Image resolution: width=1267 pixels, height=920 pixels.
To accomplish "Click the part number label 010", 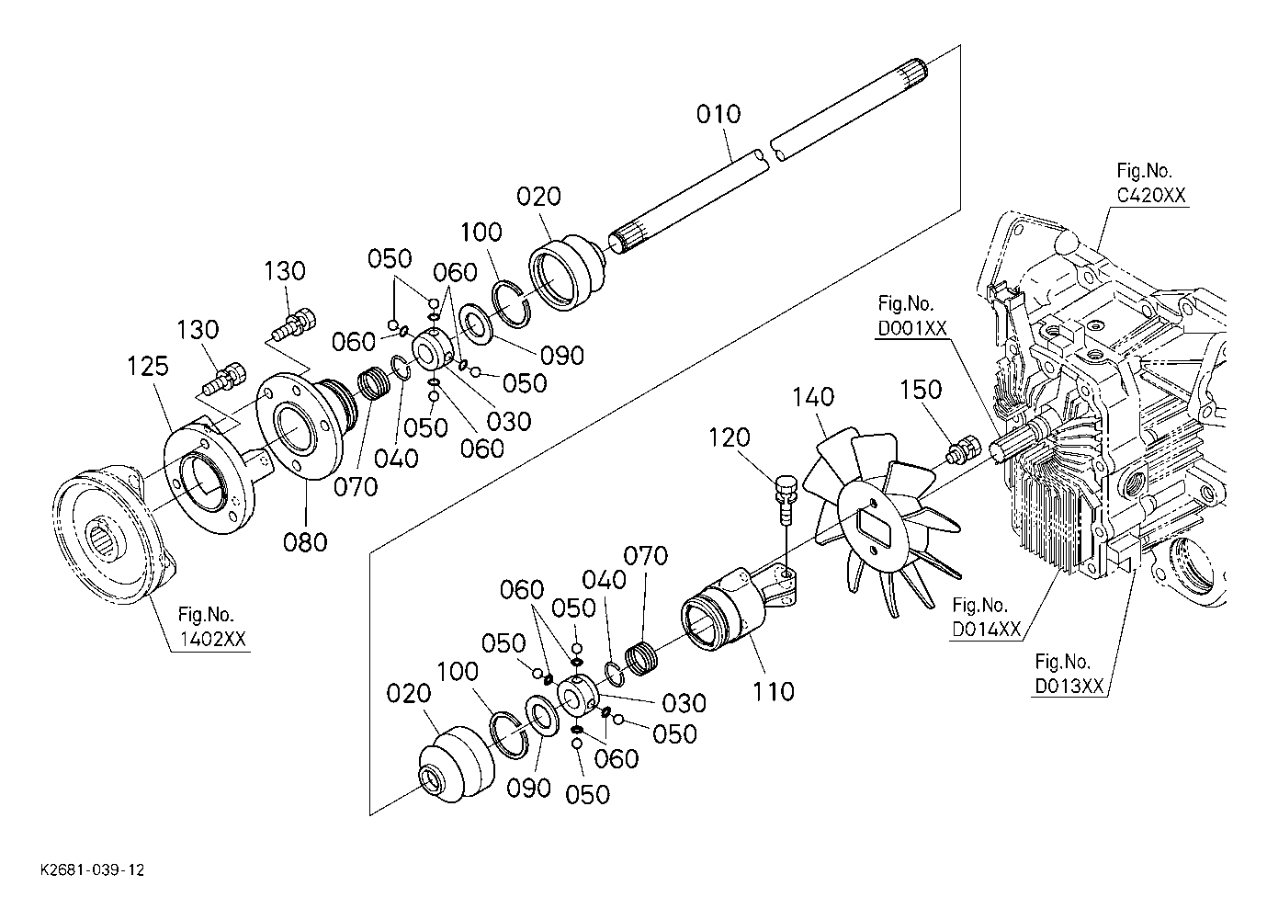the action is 718,114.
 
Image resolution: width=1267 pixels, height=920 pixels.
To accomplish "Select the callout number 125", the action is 148,367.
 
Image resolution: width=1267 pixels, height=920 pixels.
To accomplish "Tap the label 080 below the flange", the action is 305,542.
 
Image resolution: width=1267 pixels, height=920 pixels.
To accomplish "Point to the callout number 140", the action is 813,397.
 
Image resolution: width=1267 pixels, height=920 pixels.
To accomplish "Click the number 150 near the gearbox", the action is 921,390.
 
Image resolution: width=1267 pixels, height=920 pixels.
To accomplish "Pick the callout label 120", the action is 730,437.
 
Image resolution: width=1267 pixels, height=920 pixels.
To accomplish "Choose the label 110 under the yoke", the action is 774,691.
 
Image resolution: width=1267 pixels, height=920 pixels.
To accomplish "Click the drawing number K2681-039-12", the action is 93,870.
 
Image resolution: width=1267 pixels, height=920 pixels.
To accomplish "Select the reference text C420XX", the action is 1151,196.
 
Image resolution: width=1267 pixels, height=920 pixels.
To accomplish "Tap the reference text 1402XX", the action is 212,640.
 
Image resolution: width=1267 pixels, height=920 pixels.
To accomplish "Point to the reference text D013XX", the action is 1069,687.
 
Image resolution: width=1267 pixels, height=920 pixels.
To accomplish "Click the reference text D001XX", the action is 911,329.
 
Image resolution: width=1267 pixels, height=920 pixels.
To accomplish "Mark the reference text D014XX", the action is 987,630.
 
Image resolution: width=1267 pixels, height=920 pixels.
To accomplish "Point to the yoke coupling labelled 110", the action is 740,608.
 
